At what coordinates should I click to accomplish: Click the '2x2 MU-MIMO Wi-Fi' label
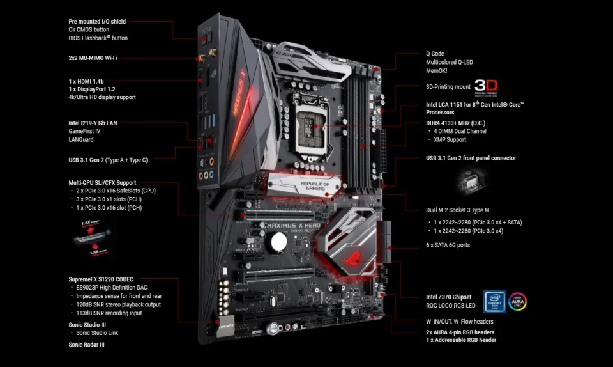tap(93, 58)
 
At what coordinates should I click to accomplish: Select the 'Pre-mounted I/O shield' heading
tap(97, 21)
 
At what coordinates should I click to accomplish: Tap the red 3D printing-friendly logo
tap(485, 87)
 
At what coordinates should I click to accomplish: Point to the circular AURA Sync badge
tap(518, 301)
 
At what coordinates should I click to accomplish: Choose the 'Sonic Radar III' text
tap(86, 345)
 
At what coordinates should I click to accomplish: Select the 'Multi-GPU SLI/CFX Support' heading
tap(102, 182)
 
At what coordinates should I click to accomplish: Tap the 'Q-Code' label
tap(435, 54)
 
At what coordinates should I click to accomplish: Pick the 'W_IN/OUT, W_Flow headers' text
tap(459, 321)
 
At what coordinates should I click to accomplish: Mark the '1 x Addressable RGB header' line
tap(461, 340)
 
